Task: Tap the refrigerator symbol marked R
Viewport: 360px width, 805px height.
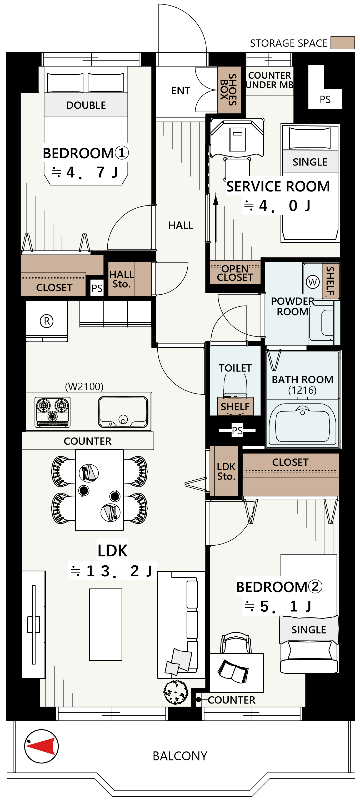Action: tap(47, 321)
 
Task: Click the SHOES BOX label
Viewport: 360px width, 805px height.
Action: tap(229, 89)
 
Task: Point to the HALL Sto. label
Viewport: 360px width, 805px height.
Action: tap(121, 279)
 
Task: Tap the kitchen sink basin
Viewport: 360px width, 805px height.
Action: tap(123, 412)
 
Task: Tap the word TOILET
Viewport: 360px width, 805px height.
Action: tap(235, 368)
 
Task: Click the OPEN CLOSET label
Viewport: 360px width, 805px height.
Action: tap(235, 273)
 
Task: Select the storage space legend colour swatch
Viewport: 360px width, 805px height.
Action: tap(343, 43)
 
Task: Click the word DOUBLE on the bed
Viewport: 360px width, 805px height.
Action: tap(86, 105)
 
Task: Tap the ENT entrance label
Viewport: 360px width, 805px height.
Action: tap(181, 90)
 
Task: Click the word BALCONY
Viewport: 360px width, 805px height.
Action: tap(180, 756)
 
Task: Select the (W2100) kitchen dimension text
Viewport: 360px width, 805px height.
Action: tap(84, 386)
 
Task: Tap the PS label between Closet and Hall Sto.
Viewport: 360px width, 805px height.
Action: tap(97, 288)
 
